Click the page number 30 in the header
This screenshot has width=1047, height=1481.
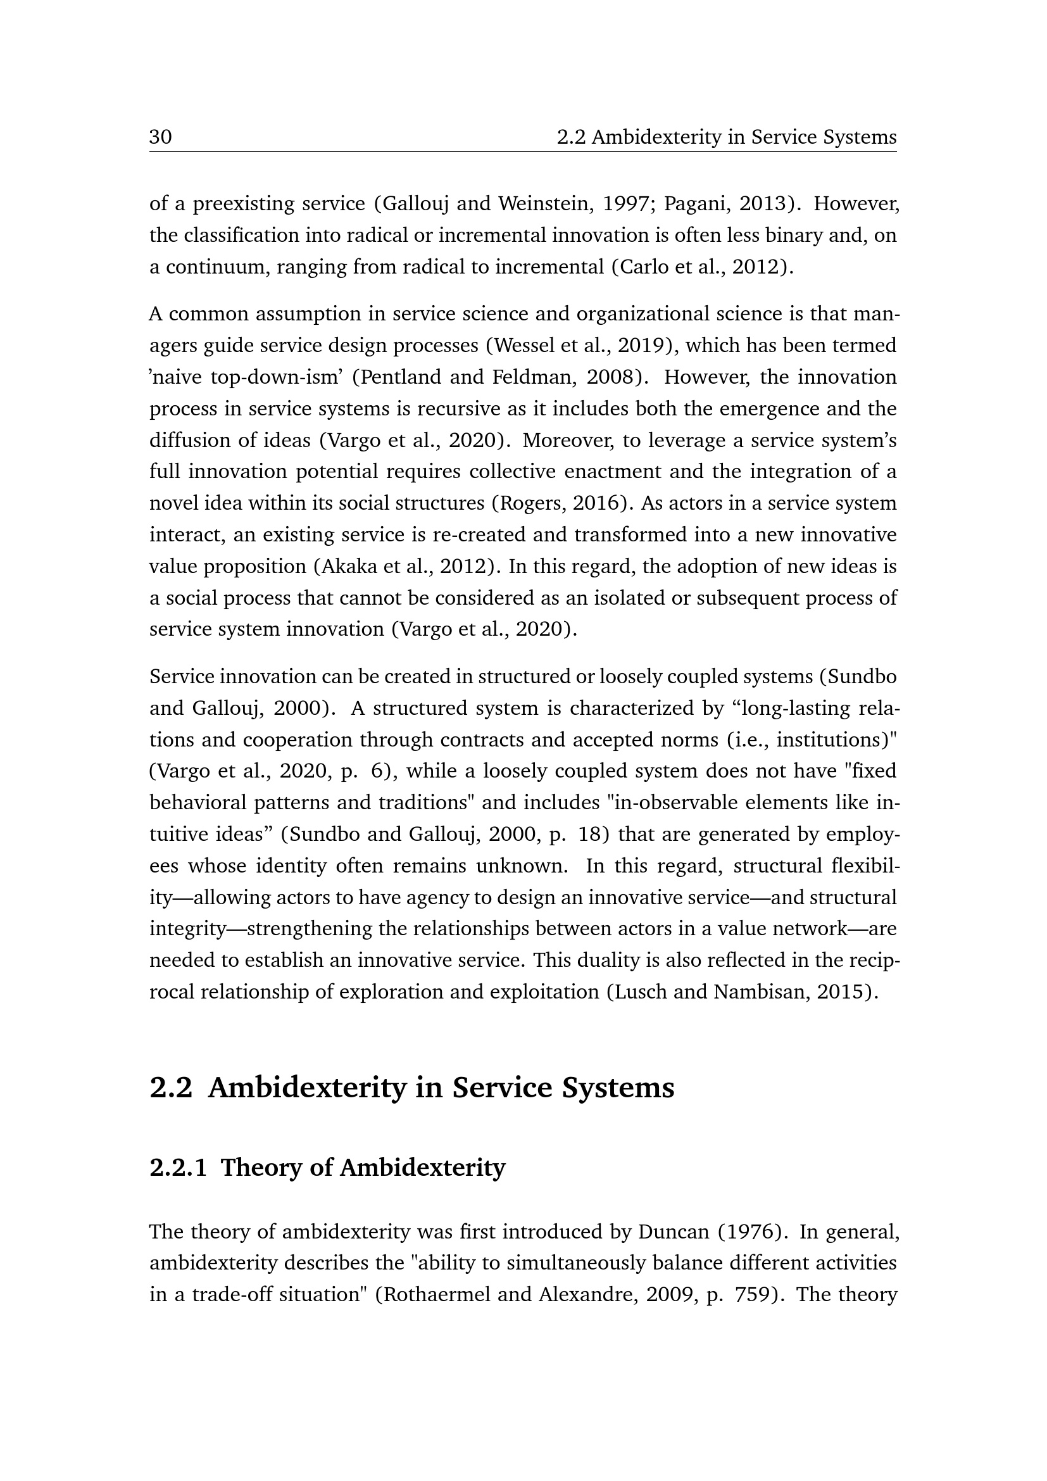(161, 137)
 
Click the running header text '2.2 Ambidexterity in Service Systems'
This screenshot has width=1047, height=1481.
(727, 137)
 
